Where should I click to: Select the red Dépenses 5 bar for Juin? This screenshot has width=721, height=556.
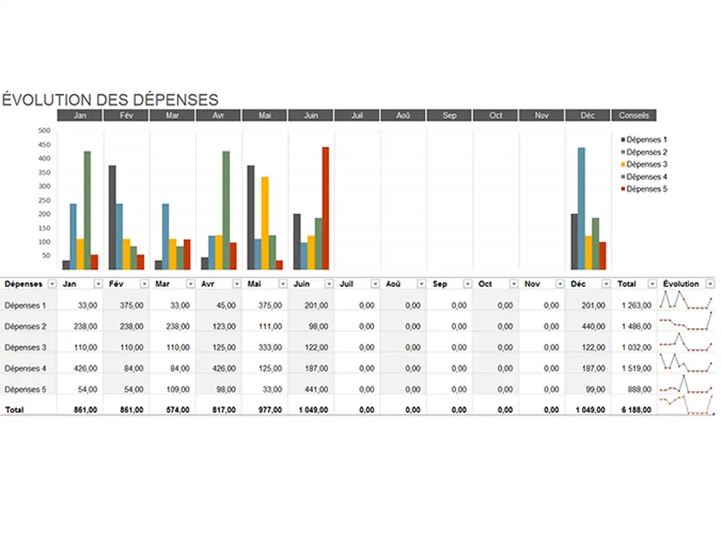(x=325, y=208)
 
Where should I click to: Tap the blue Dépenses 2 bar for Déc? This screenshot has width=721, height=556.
(x=581, y=208)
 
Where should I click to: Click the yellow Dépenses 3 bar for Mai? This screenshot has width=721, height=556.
(x=265, y=223)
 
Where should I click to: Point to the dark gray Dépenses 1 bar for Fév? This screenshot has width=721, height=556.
(x=112, y=218)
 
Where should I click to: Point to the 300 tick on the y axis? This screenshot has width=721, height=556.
(x=44, y=186)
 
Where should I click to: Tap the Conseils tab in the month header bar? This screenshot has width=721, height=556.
(x=633, y=115)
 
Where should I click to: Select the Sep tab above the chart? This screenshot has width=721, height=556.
(x=449, y=115)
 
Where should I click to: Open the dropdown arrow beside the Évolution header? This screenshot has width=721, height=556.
(x=709, y=284)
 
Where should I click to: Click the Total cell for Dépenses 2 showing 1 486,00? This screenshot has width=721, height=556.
(x=636, y=326)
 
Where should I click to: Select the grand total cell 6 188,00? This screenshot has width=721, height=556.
(x=636, y=410)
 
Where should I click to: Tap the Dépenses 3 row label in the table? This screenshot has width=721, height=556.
(x=25, y=347)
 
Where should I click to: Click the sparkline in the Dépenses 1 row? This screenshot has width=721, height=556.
(x=686, y=300)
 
